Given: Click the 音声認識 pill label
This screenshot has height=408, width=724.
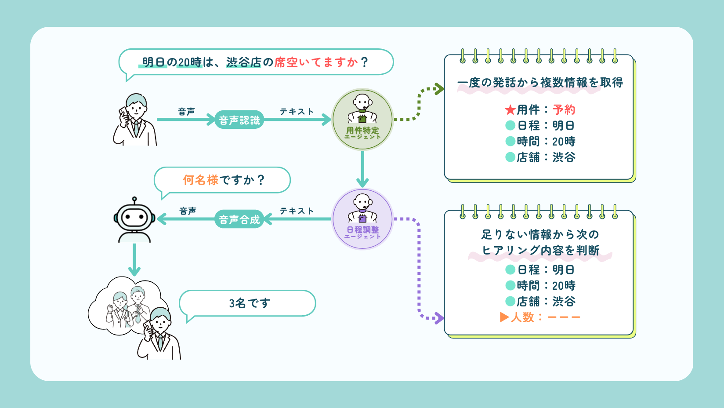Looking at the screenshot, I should point(239,120).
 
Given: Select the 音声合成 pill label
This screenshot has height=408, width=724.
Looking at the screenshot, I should point(239,219).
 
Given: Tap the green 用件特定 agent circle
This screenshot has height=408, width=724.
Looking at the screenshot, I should point(362,120).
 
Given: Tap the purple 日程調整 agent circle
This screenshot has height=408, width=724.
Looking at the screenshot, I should point(362,219).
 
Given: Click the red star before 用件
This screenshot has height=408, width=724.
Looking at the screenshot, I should point(510,110).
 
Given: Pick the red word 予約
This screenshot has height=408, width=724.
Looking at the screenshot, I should point(564,110).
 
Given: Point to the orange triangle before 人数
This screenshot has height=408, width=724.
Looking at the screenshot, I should point(504,317).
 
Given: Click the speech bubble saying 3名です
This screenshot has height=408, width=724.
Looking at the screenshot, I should point(249,303).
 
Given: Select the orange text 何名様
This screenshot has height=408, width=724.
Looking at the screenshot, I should point(200,180).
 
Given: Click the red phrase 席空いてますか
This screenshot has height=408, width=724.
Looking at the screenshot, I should point(316,62).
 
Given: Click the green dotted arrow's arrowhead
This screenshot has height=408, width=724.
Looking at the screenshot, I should point(439,89).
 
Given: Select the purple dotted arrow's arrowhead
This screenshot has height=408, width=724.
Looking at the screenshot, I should point(439,318).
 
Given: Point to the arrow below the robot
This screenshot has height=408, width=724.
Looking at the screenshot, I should point(134,262).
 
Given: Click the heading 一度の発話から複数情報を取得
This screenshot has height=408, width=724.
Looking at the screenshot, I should point(540,83).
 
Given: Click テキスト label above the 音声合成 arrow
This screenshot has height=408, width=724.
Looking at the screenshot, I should point(297,211).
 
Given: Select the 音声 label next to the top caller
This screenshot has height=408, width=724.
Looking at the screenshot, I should point(186,112).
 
